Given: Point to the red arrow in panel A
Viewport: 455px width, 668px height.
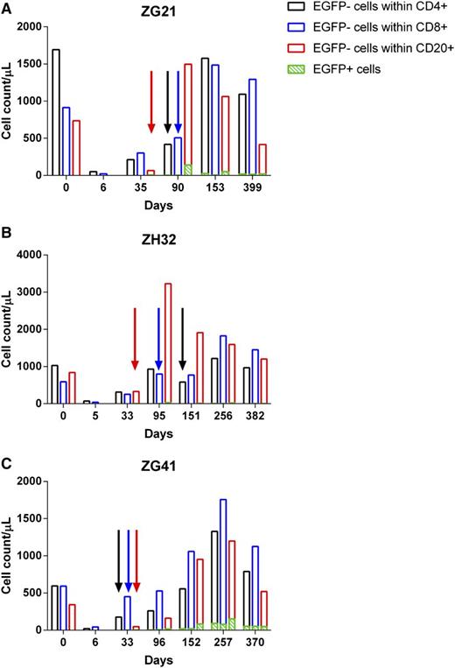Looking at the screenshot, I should [151, 102].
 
